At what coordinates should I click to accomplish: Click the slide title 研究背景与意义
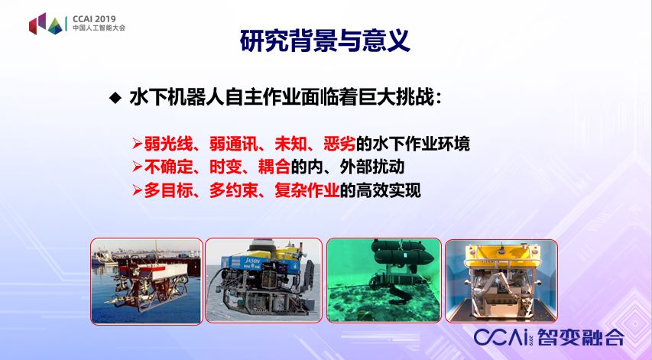325,41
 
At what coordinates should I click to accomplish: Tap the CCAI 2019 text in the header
94,19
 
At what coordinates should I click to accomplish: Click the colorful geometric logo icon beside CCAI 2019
46,24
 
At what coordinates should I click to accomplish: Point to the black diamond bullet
115,99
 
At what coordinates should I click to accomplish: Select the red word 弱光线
168,144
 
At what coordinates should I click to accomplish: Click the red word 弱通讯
234,144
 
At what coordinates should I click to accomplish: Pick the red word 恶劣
339,144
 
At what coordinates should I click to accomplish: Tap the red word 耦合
274,167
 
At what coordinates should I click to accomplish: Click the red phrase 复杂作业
307,190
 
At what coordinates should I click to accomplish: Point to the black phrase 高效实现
388,190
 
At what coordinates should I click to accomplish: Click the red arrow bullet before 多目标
138,191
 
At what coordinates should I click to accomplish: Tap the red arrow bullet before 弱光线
138,144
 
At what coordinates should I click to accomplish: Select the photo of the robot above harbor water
146,281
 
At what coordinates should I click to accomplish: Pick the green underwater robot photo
384,281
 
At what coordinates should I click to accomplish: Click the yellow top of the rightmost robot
501,254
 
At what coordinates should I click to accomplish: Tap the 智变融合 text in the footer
581,337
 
